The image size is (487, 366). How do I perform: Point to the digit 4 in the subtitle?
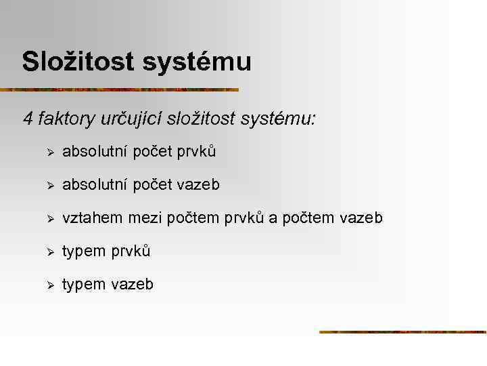[27, 119]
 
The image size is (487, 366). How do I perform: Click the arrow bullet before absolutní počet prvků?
[48, 152]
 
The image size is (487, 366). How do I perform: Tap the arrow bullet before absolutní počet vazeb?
[48, 185]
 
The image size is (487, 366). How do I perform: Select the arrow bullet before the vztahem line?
[48, 218]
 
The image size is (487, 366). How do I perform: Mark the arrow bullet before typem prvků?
[48, 251]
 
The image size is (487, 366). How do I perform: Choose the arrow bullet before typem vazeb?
[48, 285]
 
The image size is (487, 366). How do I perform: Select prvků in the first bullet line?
[197, 152]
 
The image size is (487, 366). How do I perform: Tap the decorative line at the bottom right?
[402, 332]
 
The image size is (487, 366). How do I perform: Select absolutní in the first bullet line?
[94, 152]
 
